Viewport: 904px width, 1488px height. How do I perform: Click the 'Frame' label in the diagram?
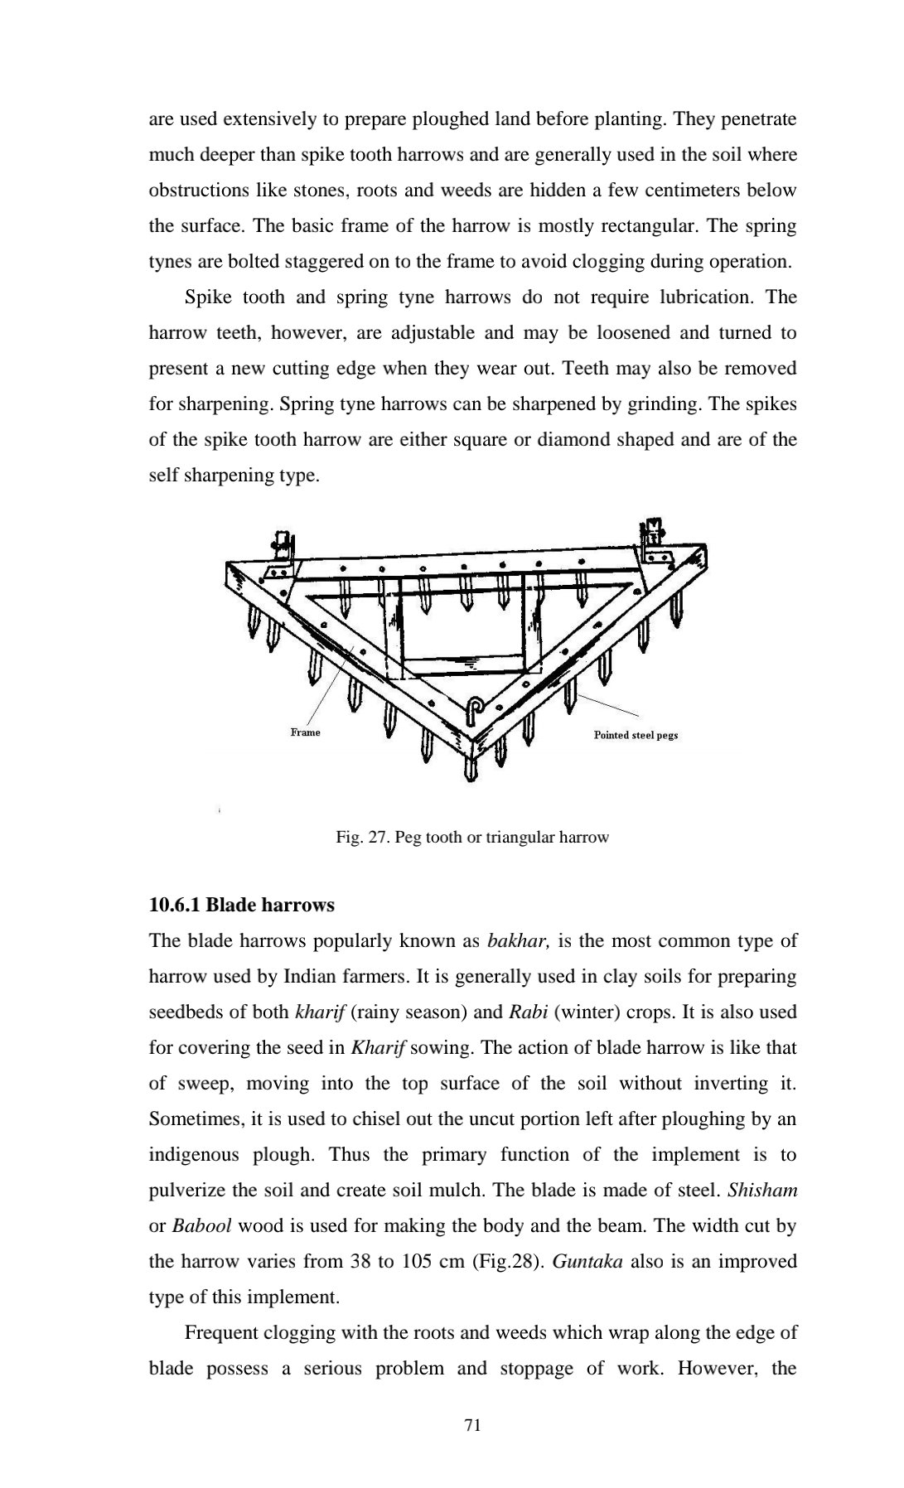click(305, 732)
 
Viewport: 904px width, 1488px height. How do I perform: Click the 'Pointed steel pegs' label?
click(636, 735)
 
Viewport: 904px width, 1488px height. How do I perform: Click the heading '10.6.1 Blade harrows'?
click(241, 905)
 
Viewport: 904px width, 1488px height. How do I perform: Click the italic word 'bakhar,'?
click(518, 940)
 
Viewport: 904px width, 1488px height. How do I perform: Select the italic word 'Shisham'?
click(761, 1191)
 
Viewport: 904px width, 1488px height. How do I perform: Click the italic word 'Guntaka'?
click(587, 1262)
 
